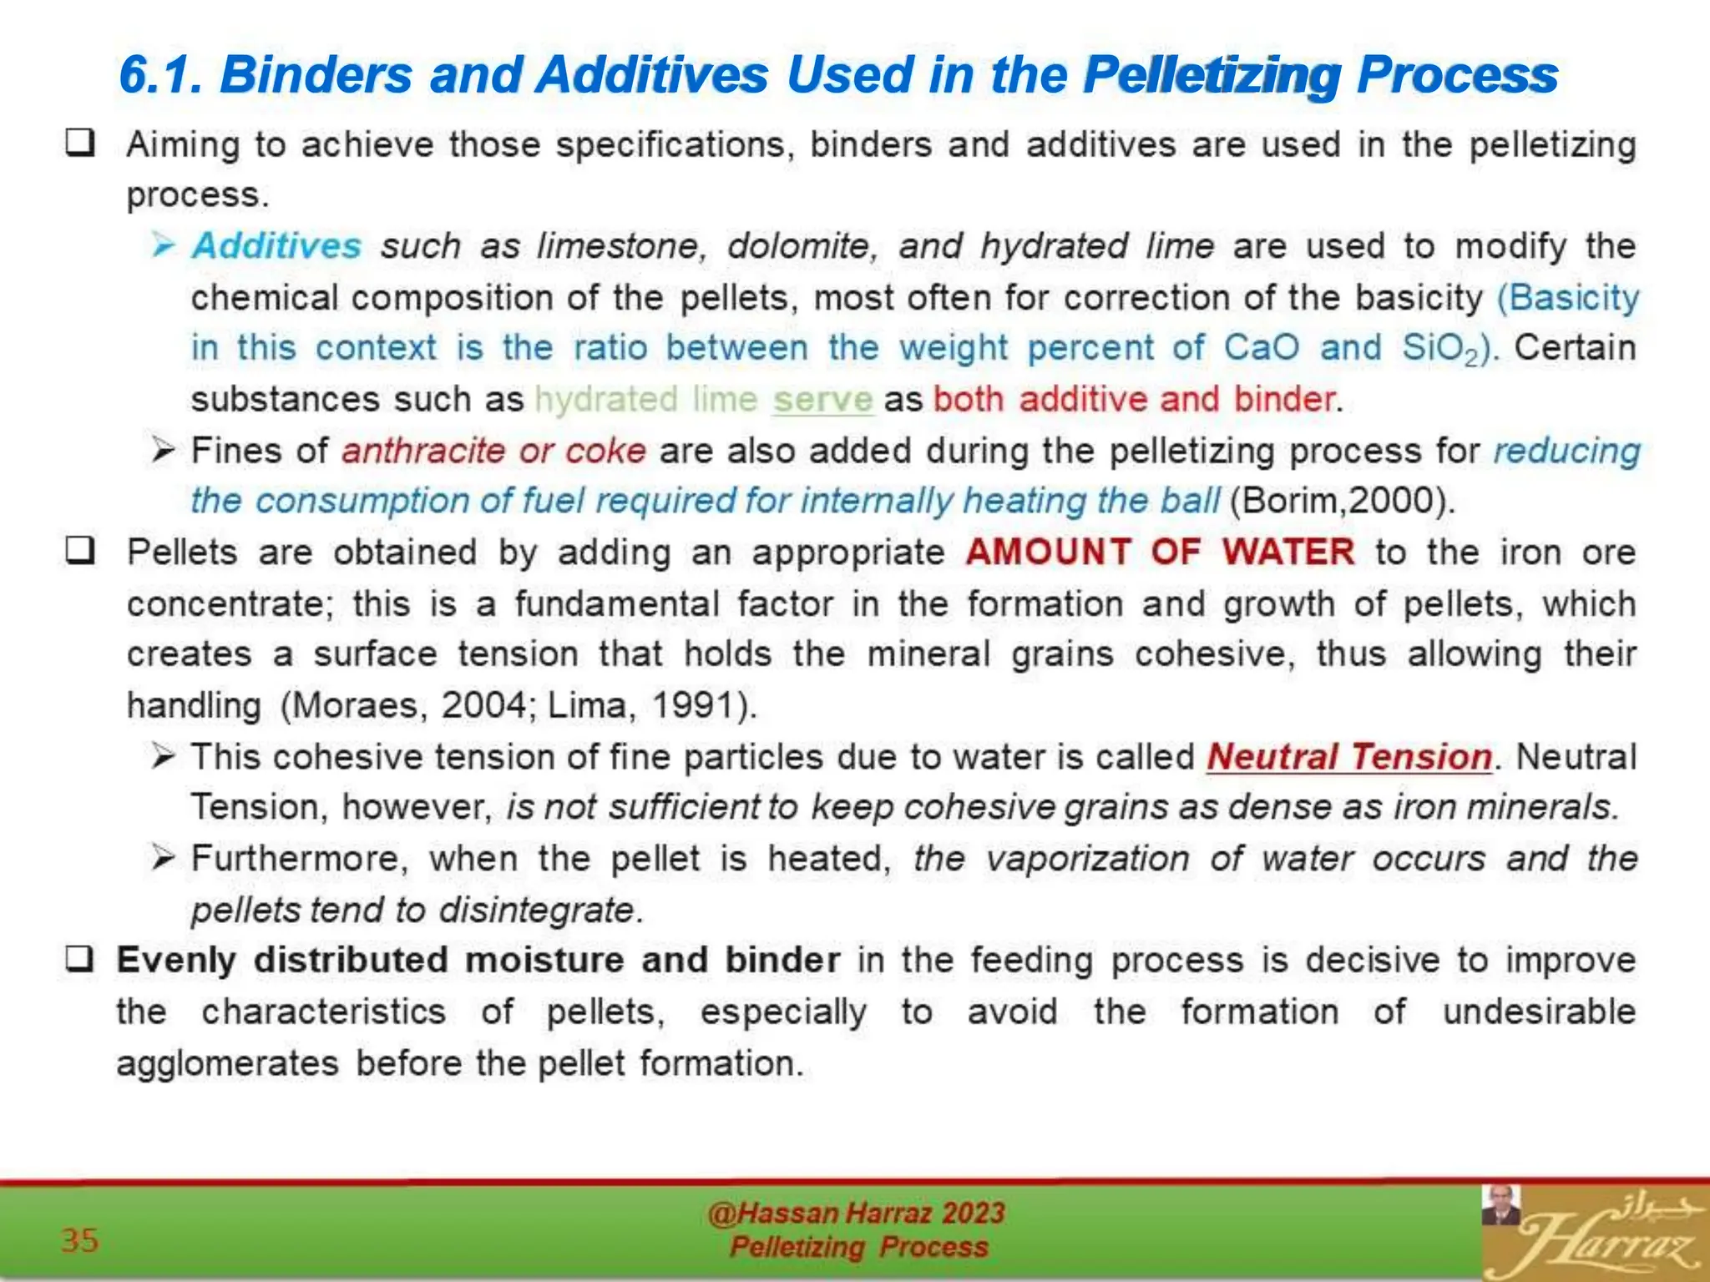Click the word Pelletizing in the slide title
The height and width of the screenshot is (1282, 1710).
click(x=1211, y=75)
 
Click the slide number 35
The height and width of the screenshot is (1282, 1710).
click(x=80, y=1240)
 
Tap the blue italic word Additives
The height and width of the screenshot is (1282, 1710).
click(x=276, y=246)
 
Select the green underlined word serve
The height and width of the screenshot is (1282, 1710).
click(x=822, y=400)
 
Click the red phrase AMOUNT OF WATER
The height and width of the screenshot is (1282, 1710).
click(x=1160, y=553)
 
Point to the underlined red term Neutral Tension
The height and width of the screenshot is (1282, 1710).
click(x=1349, y=757)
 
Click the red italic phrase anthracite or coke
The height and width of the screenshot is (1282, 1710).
click(x=493, y=452)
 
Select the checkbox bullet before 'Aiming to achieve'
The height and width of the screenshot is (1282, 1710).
click(x=80, y=144)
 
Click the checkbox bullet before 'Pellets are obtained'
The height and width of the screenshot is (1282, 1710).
click(x=80, y=552)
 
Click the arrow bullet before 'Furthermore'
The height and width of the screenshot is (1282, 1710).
click(x=163, y=858)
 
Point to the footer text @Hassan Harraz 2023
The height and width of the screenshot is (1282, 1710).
click(x=856, y=1213)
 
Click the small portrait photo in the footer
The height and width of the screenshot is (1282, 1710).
click(x=1500, y=1205)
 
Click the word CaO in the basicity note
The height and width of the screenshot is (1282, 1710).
click(x=1261, y=348)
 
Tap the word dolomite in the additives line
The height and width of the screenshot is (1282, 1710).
click(x=800, y=246)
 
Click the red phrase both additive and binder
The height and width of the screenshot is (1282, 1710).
click(x=1135, y=400)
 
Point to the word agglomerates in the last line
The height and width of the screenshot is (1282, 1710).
click(x=227, y=1064)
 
